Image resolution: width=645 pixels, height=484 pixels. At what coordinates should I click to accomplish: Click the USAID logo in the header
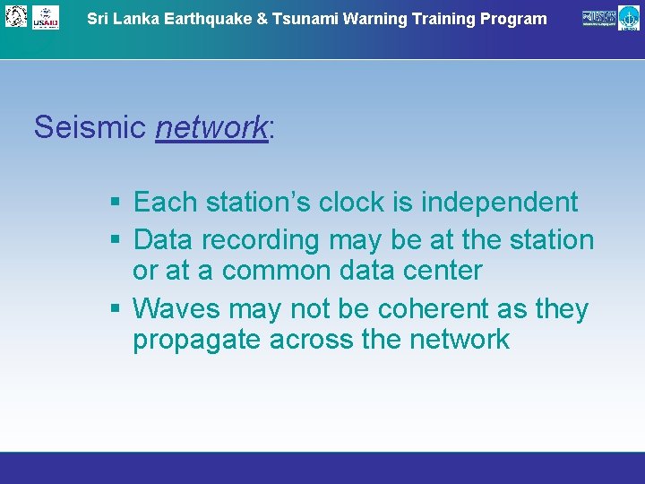pyautogui.click(x=46, y=17)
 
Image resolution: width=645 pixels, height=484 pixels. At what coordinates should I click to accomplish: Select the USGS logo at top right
pyautogui.click(x=599, y=17)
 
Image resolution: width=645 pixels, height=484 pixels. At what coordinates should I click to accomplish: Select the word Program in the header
pyautogui.click(x=514, y=19)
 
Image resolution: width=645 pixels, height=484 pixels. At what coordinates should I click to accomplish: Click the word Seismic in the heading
pyautogui.click(x=90, y=128)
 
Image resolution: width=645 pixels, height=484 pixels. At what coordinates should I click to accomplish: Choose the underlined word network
pyautogui.click(x=211, y=128)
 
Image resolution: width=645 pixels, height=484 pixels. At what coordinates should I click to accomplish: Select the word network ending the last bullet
pyautogui.click(x=459, y=341)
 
